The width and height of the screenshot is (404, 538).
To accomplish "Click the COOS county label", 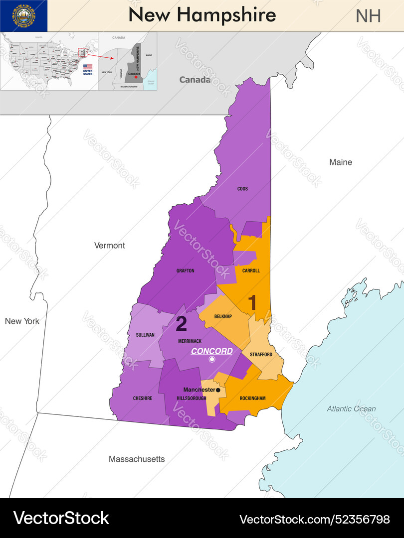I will tap(242, 189).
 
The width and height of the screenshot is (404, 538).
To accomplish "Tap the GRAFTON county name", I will tap(185, 271).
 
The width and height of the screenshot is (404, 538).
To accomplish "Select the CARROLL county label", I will tap(251, 271).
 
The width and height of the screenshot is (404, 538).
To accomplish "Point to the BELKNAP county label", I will tap(223, 316).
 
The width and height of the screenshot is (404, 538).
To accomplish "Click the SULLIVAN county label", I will tap(145, 335).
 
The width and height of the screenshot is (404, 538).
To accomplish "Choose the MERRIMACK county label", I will tap(189, 341).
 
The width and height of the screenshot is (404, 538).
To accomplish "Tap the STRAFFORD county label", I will tap(261, 355).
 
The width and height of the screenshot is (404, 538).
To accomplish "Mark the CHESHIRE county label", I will tap(143, 398).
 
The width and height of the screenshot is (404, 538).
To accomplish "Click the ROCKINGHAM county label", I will tap(252, 398).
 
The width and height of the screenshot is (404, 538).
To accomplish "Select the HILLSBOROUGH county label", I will tap(192, 399).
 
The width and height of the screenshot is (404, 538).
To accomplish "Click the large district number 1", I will tap(253, 303).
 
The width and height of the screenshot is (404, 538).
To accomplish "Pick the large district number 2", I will tap(182, 324).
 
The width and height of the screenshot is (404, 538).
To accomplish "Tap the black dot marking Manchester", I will tap(218, 390).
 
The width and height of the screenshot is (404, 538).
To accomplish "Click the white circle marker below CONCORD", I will tap(212, 359).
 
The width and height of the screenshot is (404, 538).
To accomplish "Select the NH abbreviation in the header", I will tap(368, 16).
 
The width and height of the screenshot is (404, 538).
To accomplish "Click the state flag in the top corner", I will tap(23, 16).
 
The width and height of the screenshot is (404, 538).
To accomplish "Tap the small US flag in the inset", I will tap(88, 66).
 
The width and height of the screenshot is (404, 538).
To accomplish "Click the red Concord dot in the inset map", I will tap(136, 77).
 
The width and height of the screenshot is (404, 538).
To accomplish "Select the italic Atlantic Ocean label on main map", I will tap(351, 408).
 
